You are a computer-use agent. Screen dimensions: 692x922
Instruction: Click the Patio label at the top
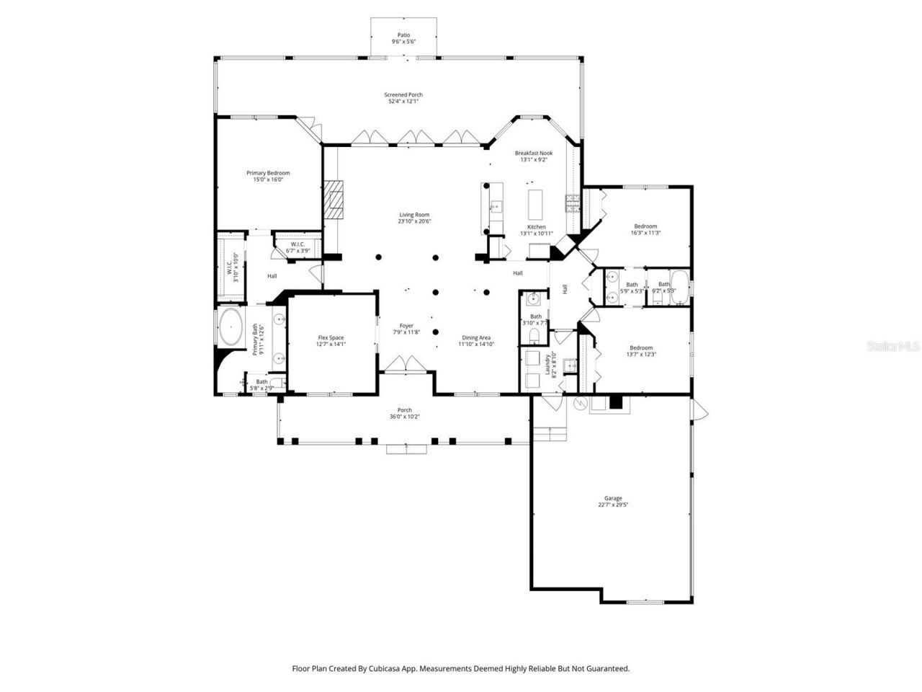pyautogui.click(x=403, y=38)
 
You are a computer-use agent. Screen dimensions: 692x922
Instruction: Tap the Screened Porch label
pyautogui.click(x=403, y=98)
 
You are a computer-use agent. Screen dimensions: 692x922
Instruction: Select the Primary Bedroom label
pyautogui.click(x=268, y=176)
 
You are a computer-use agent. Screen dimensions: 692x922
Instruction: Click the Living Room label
pyautogui.click(x=414, y=218)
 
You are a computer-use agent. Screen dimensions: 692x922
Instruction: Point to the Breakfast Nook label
pyautogui.click(x=534, y=156)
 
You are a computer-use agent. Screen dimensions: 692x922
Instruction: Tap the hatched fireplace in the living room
pyautogui.click(x=334, y=199)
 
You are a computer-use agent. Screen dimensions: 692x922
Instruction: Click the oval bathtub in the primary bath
pyautogui.click(x=230, y=329)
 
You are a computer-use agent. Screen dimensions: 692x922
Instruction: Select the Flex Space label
pyautogui.click(x=331, y=341)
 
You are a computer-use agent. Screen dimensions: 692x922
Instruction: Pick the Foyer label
pyautogui.click(x=407, y=329)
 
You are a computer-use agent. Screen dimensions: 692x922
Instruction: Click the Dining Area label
pyautogui.click(x=476, y=341)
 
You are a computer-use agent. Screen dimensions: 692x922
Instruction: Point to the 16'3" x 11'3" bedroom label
pyautogui.click(x=645, y=229)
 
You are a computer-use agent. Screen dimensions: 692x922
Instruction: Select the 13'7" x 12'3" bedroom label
pyautogui.click(x=641, y=350)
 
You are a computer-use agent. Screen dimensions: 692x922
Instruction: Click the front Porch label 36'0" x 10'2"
pyautogui.click(x=404, y=413)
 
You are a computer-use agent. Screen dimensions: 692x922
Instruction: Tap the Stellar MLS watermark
pyautogui.click(x=893, y=346)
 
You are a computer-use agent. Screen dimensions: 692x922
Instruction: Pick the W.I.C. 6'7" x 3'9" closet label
pyautogui.click(x=298, y=247)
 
